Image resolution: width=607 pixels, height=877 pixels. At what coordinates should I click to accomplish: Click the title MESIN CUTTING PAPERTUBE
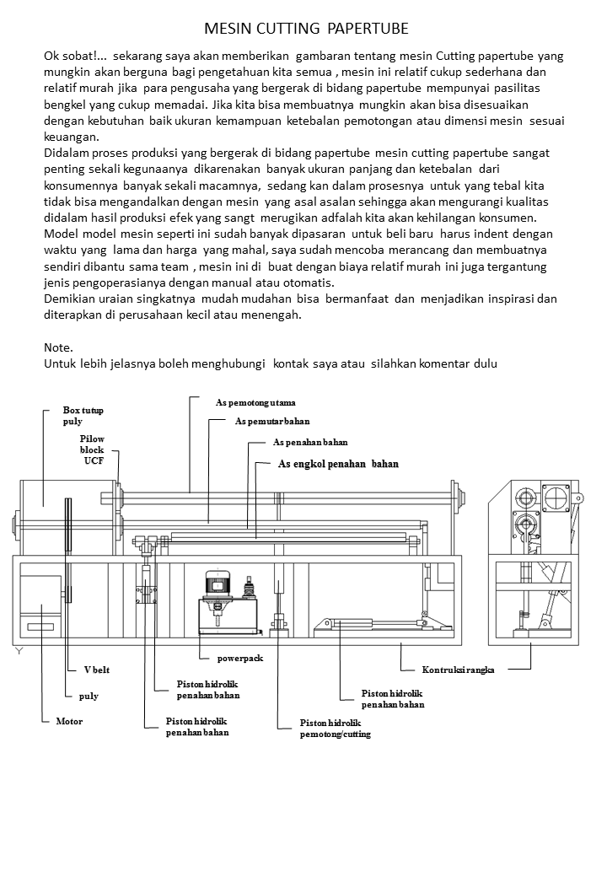[x=306, y=29]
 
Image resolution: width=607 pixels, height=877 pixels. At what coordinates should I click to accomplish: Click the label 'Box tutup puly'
[x=83, y=415]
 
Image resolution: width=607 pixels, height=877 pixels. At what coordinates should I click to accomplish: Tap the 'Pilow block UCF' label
[x=92, y=449]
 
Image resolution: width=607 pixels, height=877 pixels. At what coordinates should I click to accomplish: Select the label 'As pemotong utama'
[x=255, y=402]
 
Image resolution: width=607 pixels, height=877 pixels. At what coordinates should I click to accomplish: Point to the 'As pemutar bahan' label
[x=271, y=421]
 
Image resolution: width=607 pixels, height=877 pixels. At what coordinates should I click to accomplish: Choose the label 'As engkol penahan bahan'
[x=337, y=464]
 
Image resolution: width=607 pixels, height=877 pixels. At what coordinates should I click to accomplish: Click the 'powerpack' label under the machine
[x=240, y=658]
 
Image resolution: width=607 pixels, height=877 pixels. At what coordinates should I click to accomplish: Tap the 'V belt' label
[x=97, y=670]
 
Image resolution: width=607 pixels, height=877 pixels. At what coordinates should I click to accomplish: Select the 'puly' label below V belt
[x=89, y=696]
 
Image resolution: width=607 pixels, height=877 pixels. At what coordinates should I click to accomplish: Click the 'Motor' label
[x=69, y=722]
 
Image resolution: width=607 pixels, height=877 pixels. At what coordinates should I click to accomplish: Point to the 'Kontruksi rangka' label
[x=458, y=670]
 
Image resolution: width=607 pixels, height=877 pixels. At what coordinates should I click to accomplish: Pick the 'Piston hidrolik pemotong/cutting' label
[x=335, y=729]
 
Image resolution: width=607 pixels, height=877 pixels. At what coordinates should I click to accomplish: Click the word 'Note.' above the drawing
[x=58, y=347]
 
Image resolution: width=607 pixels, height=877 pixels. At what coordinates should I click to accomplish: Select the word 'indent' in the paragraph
[x=474, y=233]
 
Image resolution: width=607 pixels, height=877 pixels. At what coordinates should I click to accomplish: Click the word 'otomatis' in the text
[x=308, y=282]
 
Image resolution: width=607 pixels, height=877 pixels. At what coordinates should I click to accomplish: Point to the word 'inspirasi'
[x=508, y=299]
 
